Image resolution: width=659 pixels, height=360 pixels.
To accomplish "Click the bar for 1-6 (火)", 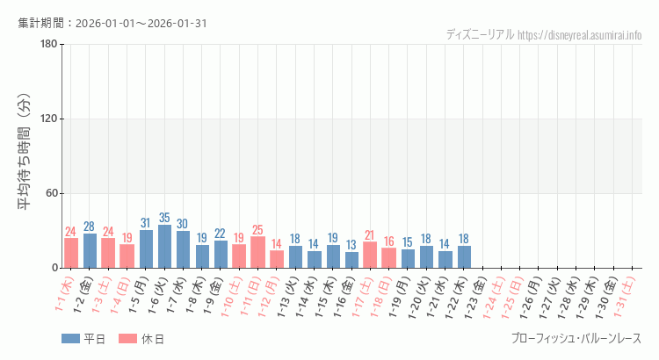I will pyautogui.click(x=164, y=247).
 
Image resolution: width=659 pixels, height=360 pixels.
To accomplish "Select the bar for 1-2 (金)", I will pyautogui.click(x=90, y=251).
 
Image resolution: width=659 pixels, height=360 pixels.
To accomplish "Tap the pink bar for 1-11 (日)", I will pyautogui.click(x=257, y=253).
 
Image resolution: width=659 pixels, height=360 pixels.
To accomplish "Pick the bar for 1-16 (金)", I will pyautogui.click(x=351, y=260).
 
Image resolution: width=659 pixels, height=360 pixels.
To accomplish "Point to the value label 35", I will pyautogui.click(x=164, y=218).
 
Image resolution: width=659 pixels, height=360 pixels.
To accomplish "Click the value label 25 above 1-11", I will pyautogui.click(x=257, y=230).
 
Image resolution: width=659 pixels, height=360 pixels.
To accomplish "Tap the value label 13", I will pyautogui.click(x=351, y=245).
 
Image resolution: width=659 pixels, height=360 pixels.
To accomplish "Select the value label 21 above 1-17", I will pyautogui.click(x=370, y=235).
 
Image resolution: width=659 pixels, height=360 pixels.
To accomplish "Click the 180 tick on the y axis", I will pyautogui.click(x=48, y=45).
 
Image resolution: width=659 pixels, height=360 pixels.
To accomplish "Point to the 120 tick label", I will pyautogui.click(x=48, y=119).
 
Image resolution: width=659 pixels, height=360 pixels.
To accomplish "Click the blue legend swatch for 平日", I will pyautogui.click(x=70, y=339).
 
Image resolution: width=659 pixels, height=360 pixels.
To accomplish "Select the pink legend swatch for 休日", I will pyautogui.click(x=127, y=339).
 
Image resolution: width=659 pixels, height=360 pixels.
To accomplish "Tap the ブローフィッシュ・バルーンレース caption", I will pyautogui.click(x=576, y=339).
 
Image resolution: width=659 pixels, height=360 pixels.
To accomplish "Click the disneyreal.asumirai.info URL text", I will pyautogui.click(x=580, y=35).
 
